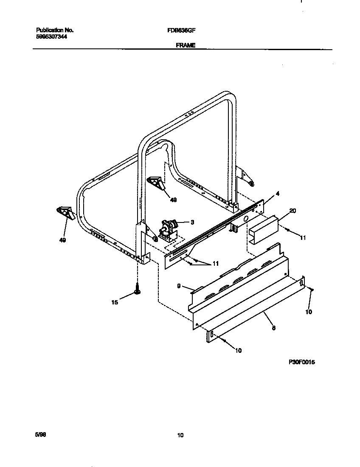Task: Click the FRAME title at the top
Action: click(185, 45)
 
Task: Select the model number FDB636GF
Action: click(181, 31)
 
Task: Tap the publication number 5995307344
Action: click(51, 37)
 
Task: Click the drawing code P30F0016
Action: click(302, 363)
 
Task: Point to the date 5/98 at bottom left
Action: click(40, 435)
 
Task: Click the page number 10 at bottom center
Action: click(180, 435)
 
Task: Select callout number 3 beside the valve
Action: click(192, 222)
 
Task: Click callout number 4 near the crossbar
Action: click(277, 194)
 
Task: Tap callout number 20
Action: click(292, 211)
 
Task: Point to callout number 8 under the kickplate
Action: click(274, 327)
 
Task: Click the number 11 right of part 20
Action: click(303, 238)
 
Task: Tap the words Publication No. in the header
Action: click(55, 31)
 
